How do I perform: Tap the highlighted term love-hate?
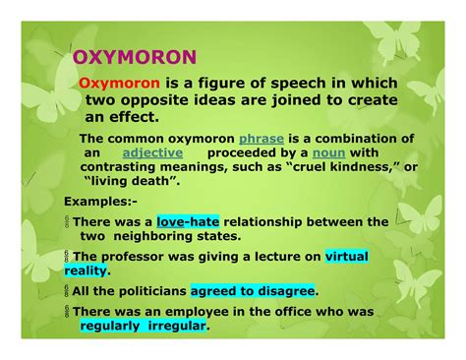[192, 222]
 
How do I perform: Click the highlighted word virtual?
[347, 257]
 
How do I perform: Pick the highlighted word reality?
[87, 270]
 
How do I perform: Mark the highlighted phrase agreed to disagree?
[253, 291]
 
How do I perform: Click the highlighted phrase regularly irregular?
[144, 326]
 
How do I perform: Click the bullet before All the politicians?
[69, 291]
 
